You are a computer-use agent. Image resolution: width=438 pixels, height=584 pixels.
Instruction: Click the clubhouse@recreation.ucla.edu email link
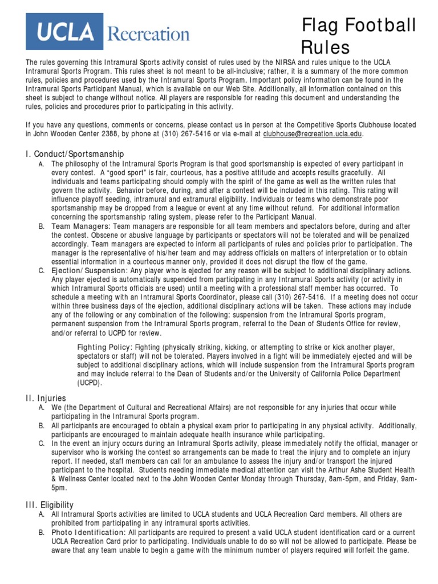point(312,134)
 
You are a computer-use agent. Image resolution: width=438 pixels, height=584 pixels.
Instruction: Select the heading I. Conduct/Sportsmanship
point(75,154)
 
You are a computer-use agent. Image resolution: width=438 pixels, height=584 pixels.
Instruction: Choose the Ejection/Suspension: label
point(90,270)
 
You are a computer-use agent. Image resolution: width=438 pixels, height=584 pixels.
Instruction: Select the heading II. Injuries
point(46,398)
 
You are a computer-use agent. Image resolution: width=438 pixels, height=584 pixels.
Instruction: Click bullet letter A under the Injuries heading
point(42,408)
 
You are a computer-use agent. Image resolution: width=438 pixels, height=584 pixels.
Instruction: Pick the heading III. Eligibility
point(50,505)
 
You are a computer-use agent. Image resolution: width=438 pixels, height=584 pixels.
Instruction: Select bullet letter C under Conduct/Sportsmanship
point(42,270)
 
